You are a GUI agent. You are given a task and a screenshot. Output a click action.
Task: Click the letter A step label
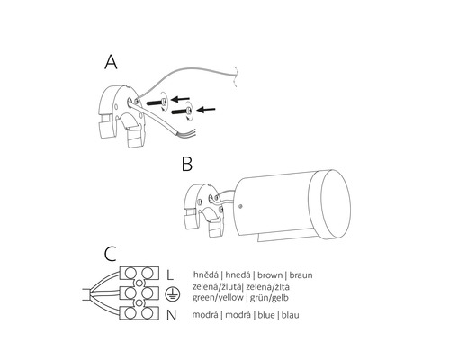tap(111, 63)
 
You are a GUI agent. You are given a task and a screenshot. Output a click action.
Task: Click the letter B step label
tap(187, 164)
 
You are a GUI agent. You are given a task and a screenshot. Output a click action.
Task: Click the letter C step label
tap(110, 254)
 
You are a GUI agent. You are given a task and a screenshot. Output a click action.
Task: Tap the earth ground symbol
tap(173, 294)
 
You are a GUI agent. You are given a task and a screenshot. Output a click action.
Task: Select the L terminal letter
tap(170, 274)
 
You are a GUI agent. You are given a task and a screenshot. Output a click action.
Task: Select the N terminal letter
tap(171, 315)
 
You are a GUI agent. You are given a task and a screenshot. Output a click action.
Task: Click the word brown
tap(270, 274)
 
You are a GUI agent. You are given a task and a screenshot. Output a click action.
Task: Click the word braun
tap(301, 274)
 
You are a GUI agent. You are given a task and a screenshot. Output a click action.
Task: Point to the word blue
tap(266, 315)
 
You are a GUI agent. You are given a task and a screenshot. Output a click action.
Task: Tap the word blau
tap(291, 315)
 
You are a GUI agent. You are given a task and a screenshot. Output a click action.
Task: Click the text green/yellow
tap(218, 298)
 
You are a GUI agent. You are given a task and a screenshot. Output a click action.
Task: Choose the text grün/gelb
tap(269, 298)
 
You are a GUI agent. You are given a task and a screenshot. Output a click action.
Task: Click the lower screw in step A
tap(182, 112)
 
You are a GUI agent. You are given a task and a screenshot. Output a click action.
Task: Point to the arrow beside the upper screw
tap(180, 99)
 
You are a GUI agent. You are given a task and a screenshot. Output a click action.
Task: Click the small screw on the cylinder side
tap(241, 206)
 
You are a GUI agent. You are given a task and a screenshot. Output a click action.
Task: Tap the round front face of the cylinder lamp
tap(336, 204)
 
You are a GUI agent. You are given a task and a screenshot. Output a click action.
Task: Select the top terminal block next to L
tap(139, 274)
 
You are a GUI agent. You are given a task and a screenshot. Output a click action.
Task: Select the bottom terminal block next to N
tap(139, 313)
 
